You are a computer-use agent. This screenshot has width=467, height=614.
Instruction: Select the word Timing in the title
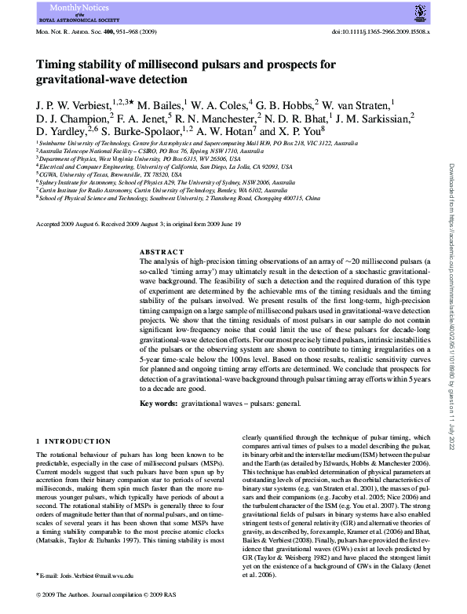[58, 65]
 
